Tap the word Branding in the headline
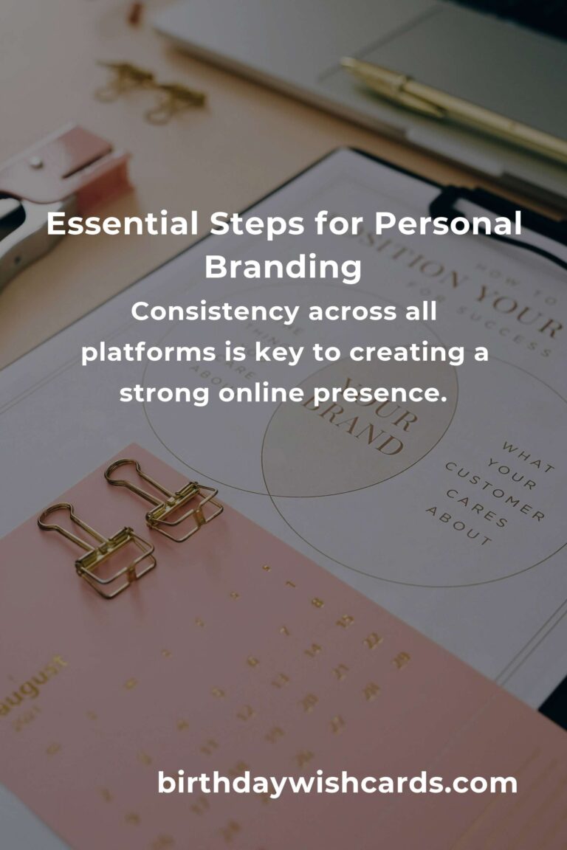[x=283, y=267]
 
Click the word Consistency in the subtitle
[x=213, y=312]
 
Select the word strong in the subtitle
[x=163, y=393]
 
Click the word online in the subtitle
[x=261, y=393]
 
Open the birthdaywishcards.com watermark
[x=337, y=782]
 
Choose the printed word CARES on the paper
[x=480, y=512]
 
